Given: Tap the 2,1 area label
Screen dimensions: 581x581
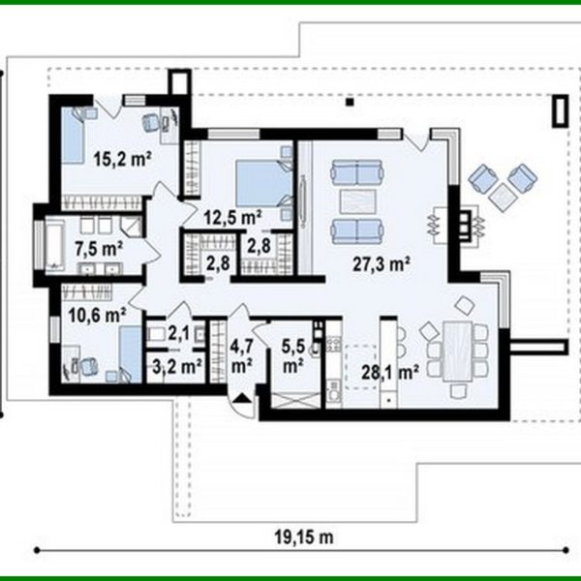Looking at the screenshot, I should [179, 334].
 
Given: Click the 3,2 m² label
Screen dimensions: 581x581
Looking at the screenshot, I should [177, 367].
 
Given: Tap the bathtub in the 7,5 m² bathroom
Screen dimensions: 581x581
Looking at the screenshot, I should [50, 243].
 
